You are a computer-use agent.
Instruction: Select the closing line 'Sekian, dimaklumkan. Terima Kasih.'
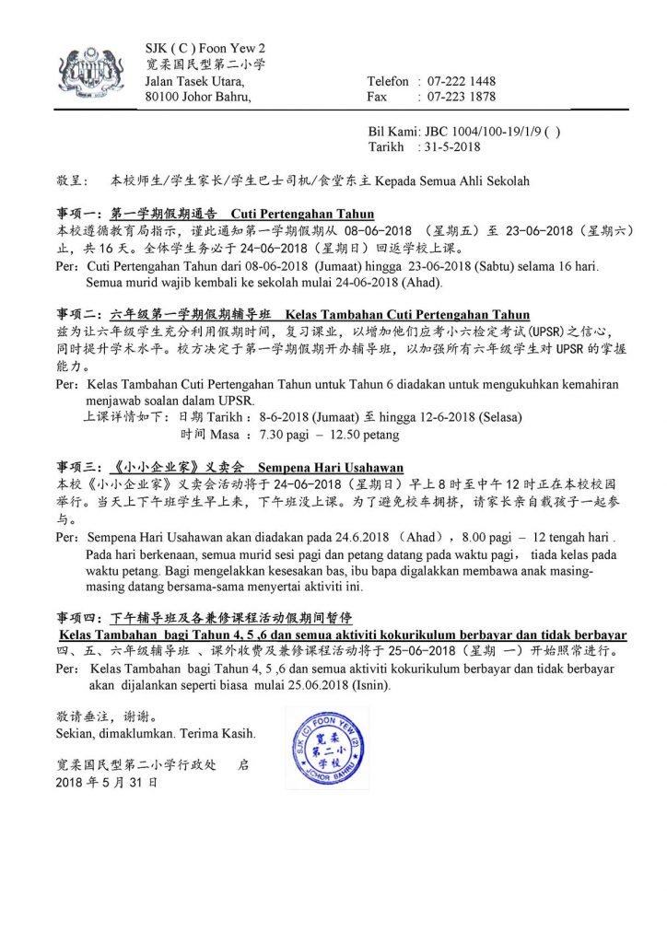(x=156, y=734)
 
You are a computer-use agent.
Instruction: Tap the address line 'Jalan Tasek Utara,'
(x=195, y=81)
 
